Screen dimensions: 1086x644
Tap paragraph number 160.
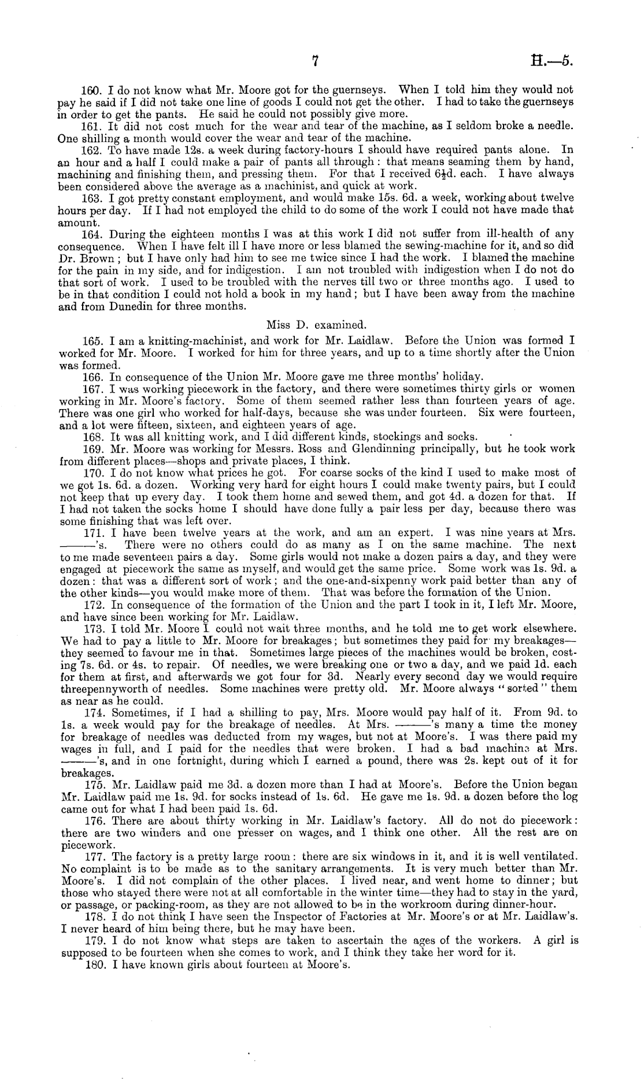[x=91, y=90]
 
